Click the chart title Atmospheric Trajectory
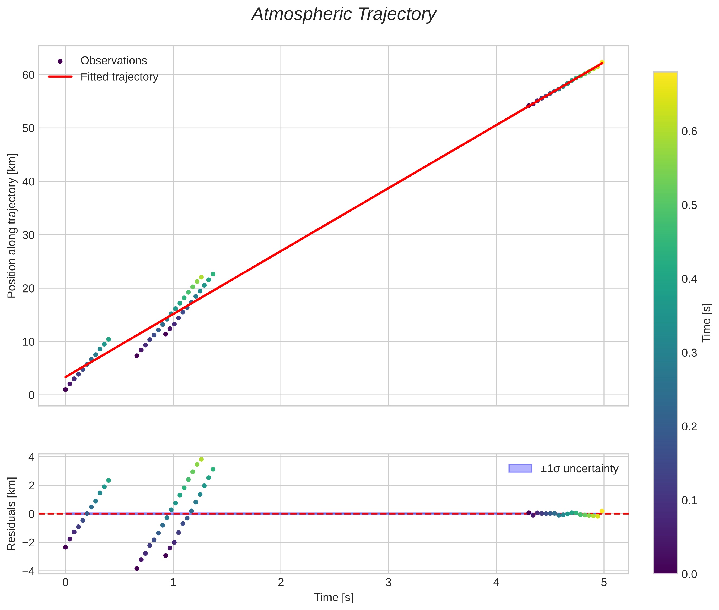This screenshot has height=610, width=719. coord(344,14)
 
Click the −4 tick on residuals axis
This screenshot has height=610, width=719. coord(28,571)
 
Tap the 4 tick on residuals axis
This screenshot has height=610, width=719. coord(31,457)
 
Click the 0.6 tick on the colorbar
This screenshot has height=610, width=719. coord(689,132)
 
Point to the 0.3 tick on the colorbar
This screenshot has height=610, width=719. coord(689,353)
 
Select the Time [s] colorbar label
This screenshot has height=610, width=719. coord(707,323)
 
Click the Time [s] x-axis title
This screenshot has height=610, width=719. coord(333,598)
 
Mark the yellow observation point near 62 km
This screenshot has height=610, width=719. coord(602,62)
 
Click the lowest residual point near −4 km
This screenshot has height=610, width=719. coord(137,568)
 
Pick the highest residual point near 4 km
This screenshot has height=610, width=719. coord(201,459)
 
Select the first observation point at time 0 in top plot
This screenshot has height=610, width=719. coord(65,389)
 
